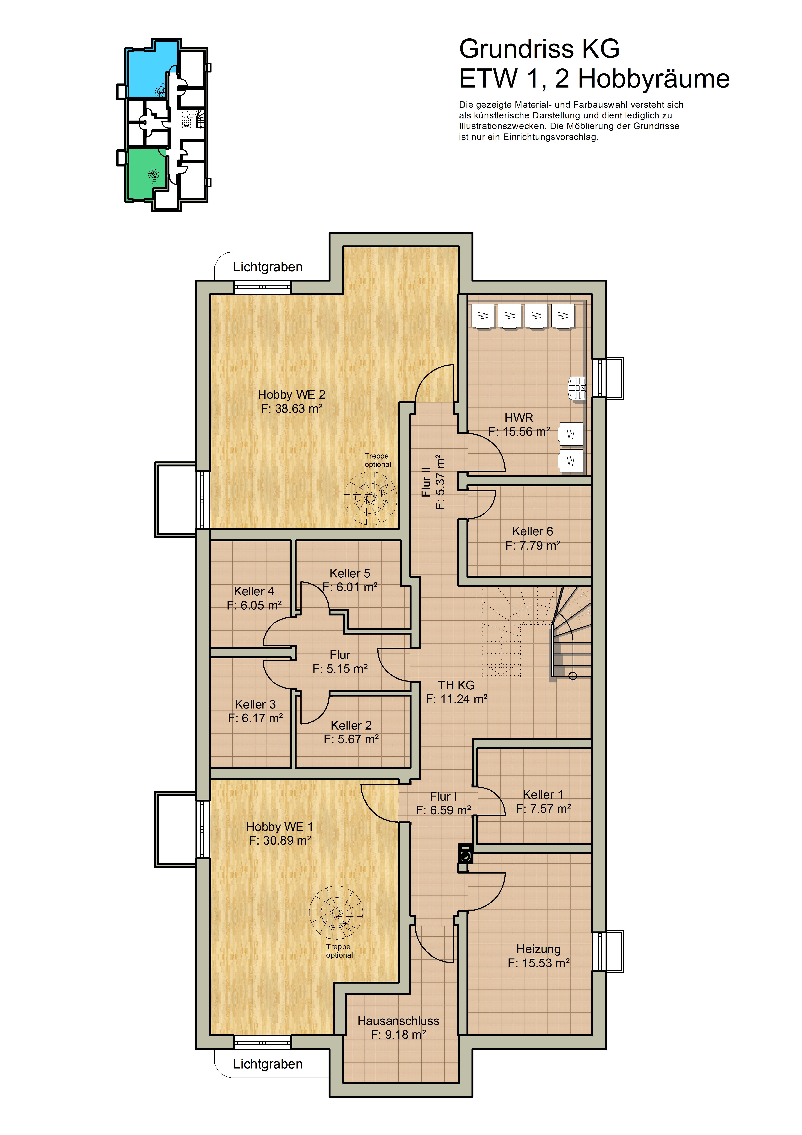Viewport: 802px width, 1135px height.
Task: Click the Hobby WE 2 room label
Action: coord(292,394)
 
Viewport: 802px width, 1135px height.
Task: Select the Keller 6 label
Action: coord(532,531)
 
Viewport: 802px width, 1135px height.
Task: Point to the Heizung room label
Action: coord(538,949)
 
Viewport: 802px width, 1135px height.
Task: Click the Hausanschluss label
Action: coord(398,1021)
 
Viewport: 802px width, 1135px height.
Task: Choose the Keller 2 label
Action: coord(351,725)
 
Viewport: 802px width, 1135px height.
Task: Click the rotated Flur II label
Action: coord(426,482)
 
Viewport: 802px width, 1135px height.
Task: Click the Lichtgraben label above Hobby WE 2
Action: coord(268,267)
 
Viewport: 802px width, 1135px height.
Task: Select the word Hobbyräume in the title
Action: coord(654,79)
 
